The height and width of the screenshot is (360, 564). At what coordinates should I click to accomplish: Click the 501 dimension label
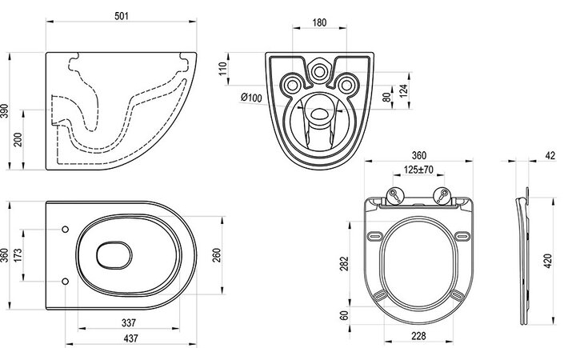122,16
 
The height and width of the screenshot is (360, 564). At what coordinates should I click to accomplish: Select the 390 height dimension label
4,111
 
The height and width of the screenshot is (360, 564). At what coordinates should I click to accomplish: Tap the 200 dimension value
18,139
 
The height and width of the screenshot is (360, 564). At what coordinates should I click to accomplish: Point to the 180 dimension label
319,22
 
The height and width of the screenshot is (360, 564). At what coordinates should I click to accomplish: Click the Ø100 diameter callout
251,97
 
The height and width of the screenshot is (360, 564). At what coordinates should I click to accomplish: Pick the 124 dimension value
403,91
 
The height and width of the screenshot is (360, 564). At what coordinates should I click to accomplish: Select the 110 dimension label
223,68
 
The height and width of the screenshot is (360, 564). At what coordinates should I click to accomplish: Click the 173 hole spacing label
18,255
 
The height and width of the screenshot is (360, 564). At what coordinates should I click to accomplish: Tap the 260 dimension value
217,255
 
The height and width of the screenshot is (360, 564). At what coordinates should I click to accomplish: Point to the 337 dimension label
129,322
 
